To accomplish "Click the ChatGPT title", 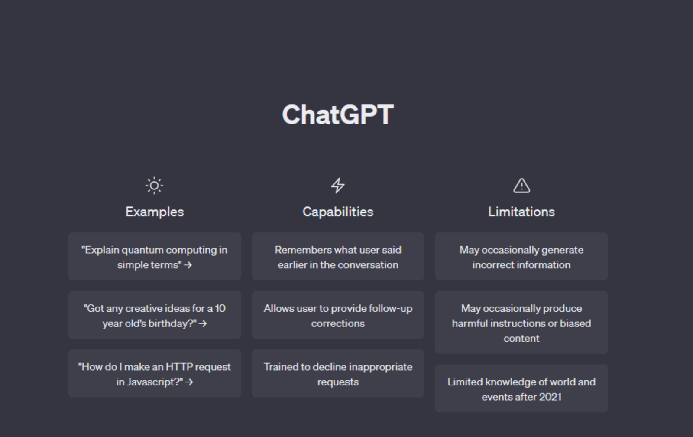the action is tap(338, 114).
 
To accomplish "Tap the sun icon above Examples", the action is tap(154, 186).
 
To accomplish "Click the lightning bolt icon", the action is tap(338, 186).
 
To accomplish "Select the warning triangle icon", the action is tap(521, 186).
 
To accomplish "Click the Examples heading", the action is tap(155, 212).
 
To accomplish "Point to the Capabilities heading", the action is tap(338, 212).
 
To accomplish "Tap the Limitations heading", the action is tap(521, 212).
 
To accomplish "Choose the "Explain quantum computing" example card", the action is tap(155, 257).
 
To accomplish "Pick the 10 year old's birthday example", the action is tap(155, 315).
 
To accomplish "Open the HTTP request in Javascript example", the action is tap(155, 374).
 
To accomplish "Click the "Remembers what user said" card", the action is tap(338, 257).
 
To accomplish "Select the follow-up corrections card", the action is tap(338, 315).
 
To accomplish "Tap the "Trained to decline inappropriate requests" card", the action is tap(338, 374).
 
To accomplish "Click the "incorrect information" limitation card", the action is tap(521, 257).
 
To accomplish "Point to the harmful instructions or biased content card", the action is tap(521, 323).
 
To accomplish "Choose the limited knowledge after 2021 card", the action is tap(521, 388).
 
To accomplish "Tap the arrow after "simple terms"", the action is tap(188, 265).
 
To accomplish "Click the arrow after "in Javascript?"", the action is tap(189, 382).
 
